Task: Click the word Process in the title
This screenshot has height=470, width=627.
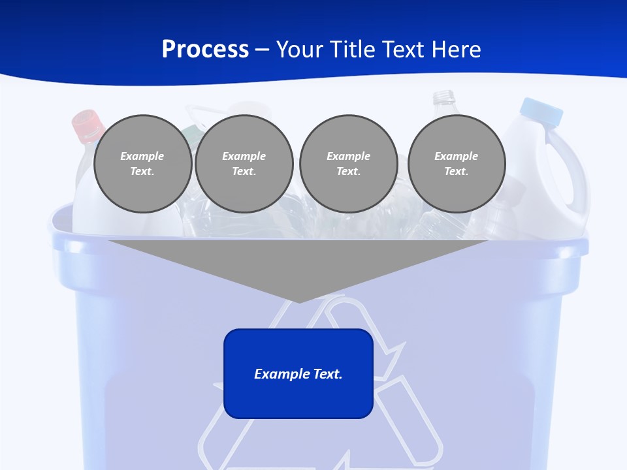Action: click(205, 50)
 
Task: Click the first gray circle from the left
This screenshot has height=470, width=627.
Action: click(142, 164)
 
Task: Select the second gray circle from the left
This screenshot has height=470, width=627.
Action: click(244, 164)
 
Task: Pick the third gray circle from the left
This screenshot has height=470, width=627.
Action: click(348, 164)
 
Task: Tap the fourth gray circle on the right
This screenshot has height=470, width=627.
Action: click(456, 164)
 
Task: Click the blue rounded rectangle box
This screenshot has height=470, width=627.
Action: click(298, 398)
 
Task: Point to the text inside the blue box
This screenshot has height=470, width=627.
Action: click(298, 374)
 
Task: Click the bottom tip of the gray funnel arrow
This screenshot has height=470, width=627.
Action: click(299, 300)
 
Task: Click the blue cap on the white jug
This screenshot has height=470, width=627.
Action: click(541, 111)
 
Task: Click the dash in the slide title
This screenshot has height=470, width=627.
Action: click(262, 50)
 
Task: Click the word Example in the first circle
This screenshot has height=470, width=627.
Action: click(142, 156)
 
